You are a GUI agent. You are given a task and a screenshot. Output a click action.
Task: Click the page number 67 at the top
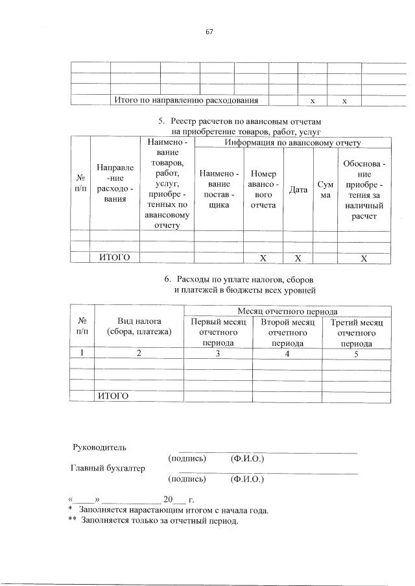pos(209,32)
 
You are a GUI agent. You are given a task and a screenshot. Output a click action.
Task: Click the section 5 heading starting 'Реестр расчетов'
pos(241,121)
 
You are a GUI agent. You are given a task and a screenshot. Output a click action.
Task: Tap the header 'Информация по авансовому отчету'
pos(292,143)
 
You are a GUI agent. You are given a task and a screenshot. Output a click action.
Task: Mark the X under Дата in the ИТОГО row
pos(298,258)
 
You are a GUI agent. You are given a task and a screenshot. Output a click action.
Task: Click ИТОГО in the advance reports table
pos(114,258)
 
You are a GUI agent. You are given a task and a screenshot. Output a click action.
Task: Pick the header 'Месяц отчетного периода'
pos(287,311)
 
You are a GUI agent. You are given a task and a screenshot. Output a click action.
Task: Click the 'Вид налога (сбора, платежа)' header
pos(139,326)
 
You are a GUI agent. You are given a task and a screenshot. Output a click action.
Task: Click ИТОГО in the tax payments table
pos(113,396)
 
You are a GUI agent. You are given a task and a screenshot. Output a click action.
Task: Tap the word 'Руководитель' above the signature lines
pos(99,447)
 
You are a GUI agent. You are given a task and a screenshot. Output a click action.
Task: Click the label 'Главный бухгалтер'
pos(107,468)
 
